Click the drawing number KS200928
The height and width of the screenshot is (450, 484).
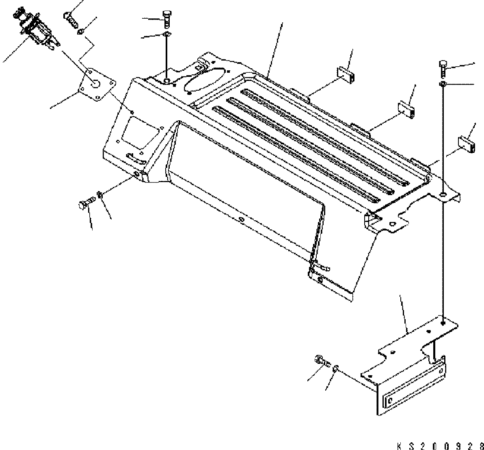click(440, 444)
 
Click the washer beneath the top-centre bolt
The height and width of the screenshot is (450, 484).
click(167, 34)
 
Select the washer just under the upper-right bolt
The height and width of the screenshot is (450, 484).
click(443, 84)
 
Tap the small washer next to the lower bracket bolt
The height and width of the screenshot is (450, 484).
click(335, 368)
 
